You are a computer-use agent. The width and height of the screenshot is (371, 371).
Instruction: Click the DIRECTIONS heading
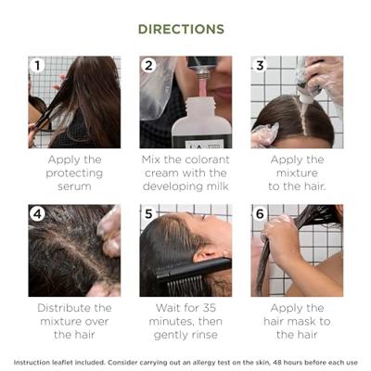(x=181, y=29)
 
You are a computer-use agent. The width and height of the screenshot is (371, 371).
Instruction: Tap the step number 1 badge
(x=38, y=65)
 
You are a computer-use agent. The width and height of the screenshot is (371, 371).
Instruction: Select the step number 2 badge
(x=148, y=65)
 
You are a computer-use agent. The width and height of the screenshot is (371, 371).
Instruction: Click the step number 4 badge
(x=38, y=213)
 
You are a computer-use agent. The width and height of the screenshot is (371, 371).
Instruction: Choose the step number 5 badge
(x=148, y=213)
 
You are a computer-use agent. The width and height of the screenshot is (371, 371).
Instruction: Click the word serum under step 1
(x=74, y=187)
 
